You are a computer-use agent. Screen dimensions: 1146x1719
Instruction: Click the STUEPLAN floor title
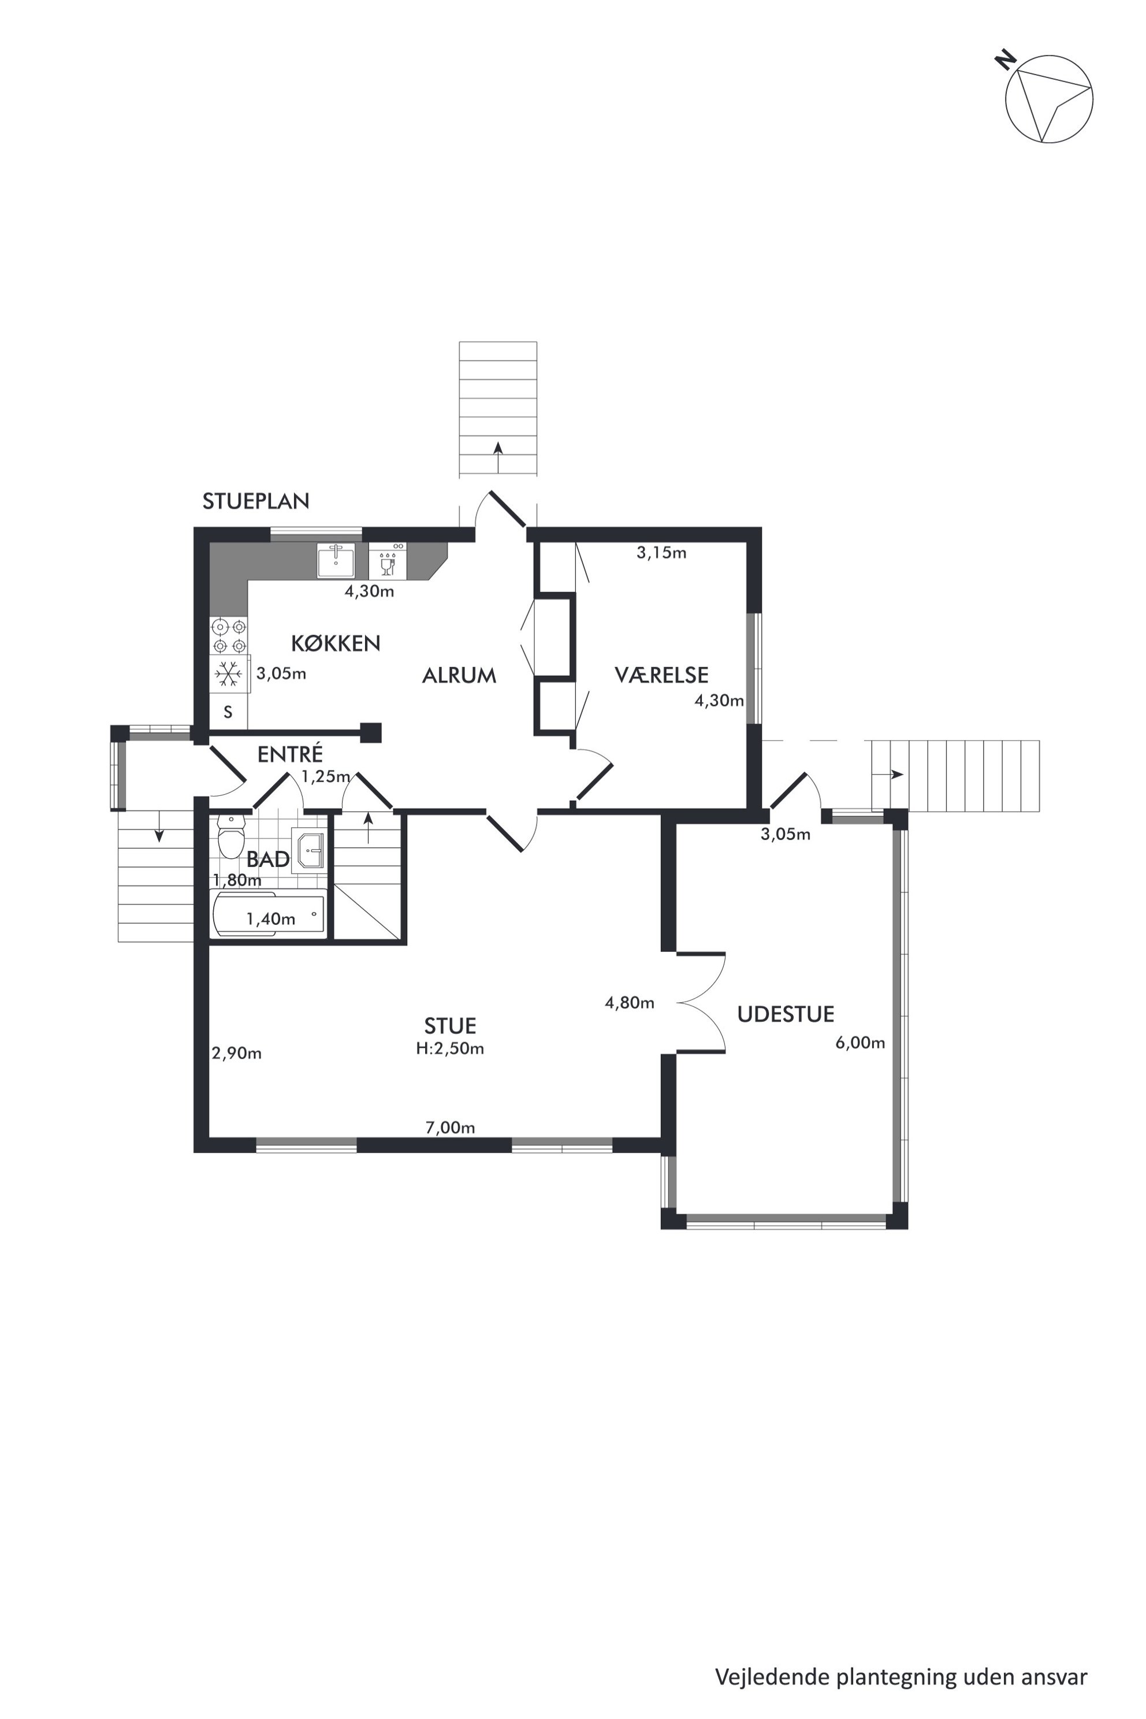click(256, 501)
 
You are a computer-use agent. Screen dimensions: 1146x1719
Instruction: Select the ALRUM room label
click(459, 675)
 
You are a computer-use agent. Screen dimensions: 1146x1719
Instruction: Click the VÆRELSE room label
click(661, 675)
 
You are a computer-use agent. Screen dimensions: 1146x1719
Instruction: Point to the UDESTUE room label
click(786, 1014)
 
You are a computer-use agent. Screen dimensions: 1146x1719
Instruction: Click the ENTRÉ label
click(290, 754)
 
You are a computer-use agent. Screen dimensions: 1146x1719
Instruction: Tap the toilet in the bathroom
click(232, 838)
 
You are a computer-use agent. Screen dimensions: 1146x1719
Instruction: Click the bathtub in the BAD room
click(268, 914)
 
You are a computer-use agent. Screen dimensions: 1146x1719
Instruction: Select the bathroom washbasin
click(308, 851)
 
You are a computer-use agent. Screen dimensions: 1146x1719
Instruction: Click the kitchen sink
click(336, 560)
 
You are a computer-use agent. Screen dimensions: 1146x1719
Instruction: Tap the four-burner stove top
click(229, 637)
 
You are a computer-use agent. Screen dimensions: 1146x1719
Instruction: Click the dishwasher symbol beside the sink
click(388, 560)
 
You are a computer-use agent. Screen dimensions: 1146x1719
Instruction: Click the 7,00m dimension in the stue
click(450, 1128)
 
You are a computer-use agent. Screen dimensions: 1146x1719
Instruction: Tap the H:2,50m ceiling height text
click(450, 1049)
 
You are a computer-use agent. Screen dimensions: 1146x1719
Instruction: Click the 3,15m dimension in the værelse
click(661, 553)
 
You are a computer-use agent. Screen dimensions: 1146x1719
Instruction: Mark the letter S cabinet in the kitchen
click(228, 712)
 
